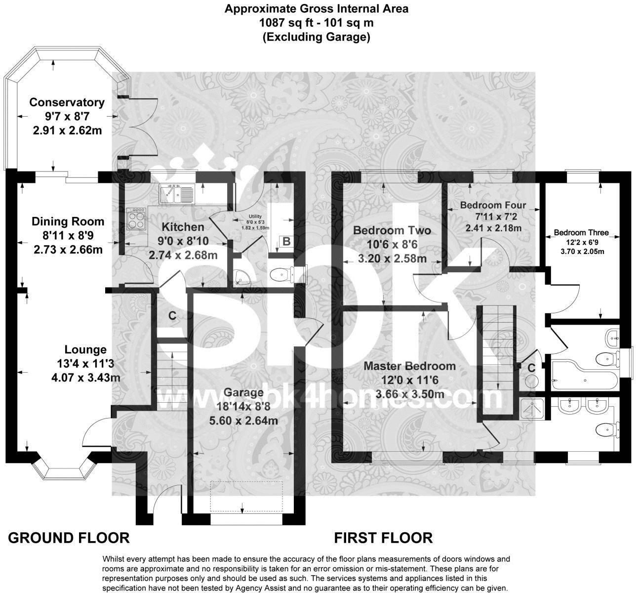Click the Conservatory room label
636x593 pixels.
(x=67, y=102)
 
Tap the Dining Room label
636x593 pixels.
(x=68, y=221)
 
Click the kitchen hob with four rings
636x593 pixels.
(x=137, y=218)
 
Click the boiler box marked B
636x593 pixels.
(x=286, y=242)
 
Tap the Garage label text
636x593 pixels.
(x=243, y=392)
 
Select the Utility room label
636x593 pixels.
(x=255, y=216)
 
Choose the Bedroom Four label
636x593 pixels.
(x=493, y=205)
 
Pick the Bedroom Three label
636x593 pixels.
(x=581, y=233)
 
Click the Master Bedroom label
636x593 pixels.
(x=409, y=366)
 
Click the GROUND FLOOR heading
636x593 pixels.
(x=69, y=538)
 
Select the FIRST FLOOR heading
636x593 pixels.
(x=383, y=538)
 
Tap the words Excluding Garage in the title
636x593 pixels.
(x=316, y=37)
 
